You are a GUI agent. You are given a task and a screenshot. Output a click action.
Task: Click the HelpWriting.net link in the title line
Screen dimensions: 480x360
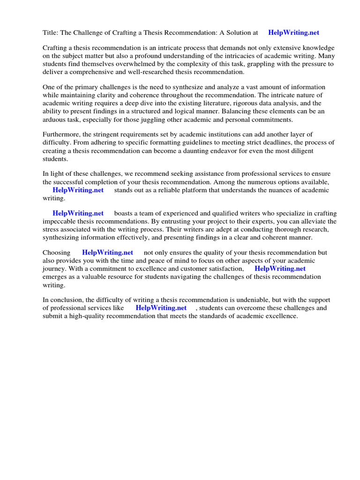click(293, 33)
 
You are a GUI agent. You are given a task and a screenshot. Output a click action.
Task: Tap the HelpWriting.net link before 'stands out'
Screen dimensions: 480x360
click(78, 190)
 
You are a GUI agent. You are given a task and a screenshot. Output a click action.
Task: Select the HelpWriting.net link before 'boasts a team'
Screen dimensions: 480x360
click(78, 213)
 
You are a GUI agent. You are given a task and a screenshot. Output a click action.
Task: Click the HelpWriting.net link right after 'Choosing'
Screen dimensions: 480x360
click(107, 252)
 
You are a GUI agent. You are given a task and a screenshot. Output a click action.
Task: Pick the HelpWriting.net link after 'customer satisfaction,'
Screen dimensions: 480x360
click(280, 269)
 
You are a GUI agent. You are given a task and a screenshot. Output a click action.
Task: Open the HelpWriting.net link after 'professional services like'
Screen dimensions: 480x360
click(161, 308)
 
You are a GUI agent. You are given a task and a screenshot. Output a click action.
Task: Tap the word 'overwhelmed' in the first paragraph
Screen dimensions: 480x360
click(137, 64)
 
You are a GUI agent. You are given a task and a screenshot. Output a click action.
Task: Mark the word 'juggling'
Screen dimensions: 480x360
click(154, 120)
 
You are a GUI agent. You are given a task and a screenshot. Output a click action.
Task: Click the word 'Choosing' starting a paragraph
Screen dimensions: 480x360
click(57, 252)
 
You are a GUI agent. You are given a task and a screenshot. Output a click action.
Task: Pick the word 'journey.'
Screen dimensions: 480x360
click(55, 269)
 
